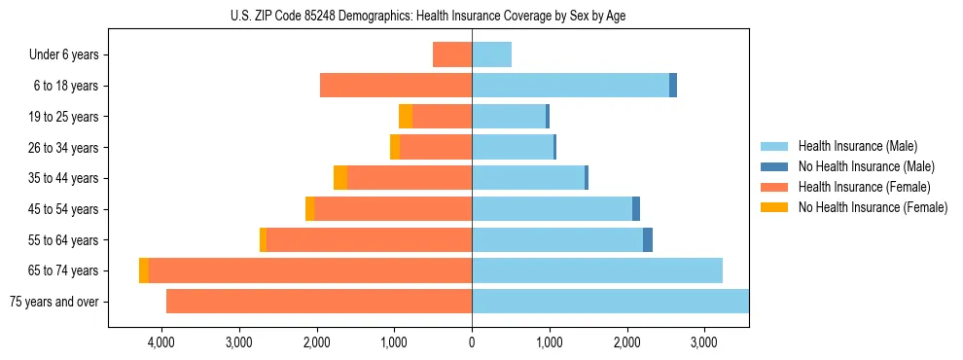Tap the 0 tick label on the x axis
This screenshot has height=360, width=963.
pos(472,342)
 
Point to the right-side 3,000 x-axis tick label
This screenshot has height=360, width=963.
pos(704,342)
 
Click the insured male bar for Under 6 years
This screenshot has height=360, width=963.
pos(491,54)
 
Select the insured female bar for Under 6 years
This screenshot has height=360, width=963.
pos(452,54)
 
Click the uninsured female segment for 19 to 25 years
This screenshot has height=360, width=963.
pos(406,117)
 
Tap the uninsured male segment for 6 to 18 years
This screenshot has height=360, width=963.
pos(673,86)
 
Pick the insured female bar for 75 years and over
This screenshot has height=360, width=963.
pos(319,302)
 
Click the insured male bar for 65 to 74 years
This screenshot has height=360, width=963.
pos(597,270)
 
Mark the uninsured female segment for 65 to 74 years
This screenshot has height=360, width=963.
pos(144,270)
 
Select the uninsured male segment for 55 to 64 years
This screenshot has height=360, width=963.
pos(648,239)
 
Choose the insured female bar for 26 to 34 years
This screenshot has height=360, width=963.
pos(436,147)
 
